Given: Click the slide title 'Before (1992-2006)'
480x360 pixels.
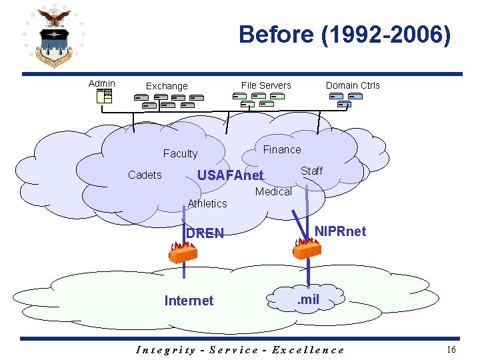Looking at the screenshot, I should [345, 35].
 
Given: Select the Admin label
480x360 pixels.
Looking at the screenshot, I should [102, 83].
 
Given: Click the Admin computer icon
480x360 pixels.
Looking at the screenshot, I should [104, 96].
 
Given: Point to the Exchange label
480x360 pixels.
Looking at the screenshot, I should [167, 86].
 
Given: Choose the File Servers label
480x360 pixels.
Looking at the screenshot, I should [266, 85].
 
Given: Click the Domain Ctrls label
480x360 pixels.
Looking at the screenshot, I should [353, 85].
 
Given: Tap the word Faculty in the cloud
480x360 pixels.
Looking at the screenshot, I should [180, 154].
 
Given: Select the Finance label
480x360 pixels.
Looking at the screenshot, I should [282, 149].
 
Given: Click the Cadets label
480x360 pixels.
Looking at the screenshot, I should [145, 175].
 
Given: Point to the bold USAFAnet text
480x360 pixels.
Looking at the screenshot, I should [231, 176].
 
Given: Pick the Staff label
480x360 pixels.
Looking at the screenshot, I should [311, 171].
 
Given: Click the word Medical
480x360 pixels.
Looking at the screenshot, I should [273, 192].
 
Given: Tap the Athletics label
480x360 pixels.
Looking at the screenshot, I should [207, 204].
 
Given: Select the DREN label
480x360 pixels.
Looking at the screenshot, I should [205, 233].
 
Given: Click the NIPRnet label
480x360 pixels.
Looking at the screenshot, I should [340, 231].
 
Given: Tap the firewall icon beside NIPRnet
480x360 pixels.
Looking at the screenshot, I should [307, 248].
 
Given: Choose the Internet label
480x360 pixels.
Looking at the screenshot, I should [189, 301].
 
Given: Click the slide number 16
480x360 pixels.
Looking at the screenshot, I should [451, 349].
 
